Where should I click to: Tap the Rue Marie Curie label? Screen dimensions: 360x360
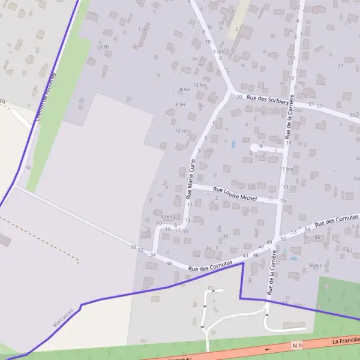pos(191,179)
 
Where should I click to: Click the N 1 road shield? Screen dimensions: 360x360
pos(296,346)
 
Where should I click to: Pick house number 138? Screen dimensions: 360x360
pos(142,29)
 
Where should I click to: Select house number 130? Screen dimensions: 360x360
pos(104,47)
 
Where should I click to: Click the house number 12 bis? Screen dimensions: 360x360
pos(200,85)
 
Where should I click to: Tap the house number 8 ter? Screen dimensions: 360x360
pos(180,104)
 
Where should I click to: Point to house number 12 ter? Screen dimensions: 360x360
pos(182,131)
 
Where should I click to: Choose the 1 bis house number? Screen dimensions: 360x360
pos(218,52)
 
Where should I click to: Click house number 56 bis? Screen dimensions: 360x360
pos(314,265)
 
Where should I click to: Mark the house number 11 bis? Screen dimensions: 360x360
pos(286,169)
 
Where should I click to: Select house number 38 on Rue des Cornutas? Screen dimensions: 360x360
pos(169,263)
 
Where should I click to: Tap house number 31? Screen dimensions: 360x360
pos(340,65)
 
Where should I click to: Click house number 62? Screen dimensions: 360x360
pos(349,249)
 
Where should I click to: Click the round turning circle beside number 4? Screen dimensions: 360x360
pos(254,148)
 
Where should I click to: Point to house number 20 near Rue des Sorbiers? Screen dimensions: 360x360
pos(239,97)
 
